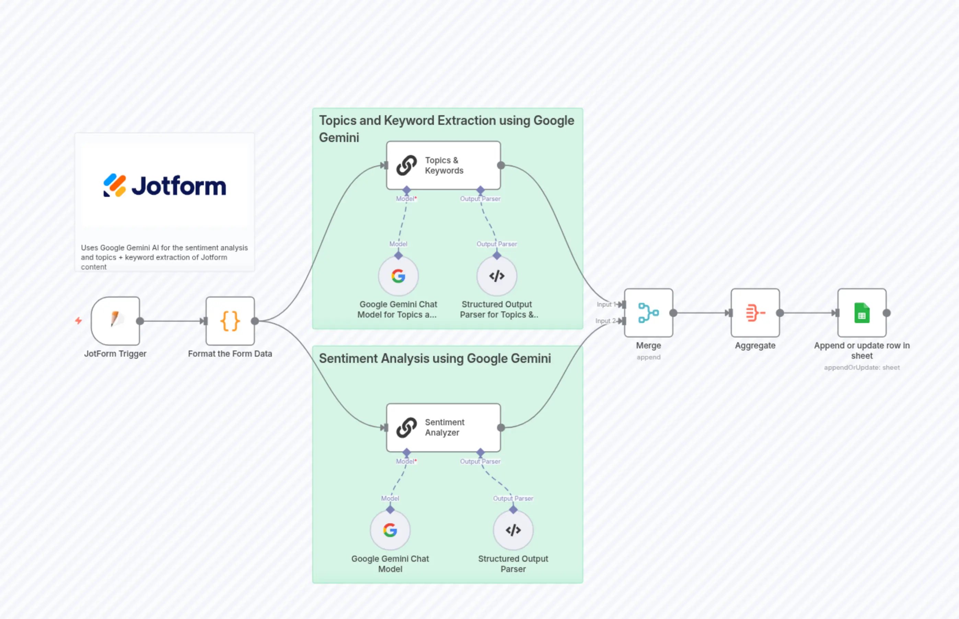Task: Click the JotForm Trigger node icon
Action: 115,321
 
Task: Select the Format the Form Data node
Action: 230,321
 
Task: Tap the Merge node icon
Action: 648,313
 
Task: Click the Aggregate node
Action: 755,313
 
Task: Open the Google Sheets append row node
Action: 861,313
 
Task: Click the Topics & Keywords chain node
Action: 443,165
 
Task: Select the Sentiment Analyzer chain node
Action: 443,428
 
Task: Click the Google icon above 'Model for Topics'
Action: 398,276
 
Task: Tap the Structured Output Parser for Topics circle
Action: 497,276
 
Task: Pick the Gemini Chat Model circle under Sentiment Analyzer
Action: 390,530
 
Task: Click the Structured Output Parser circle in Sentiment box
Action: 513,530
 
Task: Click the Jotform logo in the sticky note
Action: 164,186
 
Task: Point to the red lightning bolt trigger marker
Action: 79,321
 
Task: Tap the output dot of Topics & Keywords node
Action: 501,165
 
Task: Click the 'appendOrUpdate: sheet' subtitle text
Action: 861,367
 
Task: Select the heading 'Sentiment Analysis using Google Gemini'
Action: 435,358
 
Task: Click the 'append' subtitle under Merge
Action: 648,357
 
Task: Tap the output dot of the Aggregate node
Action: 779,313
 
